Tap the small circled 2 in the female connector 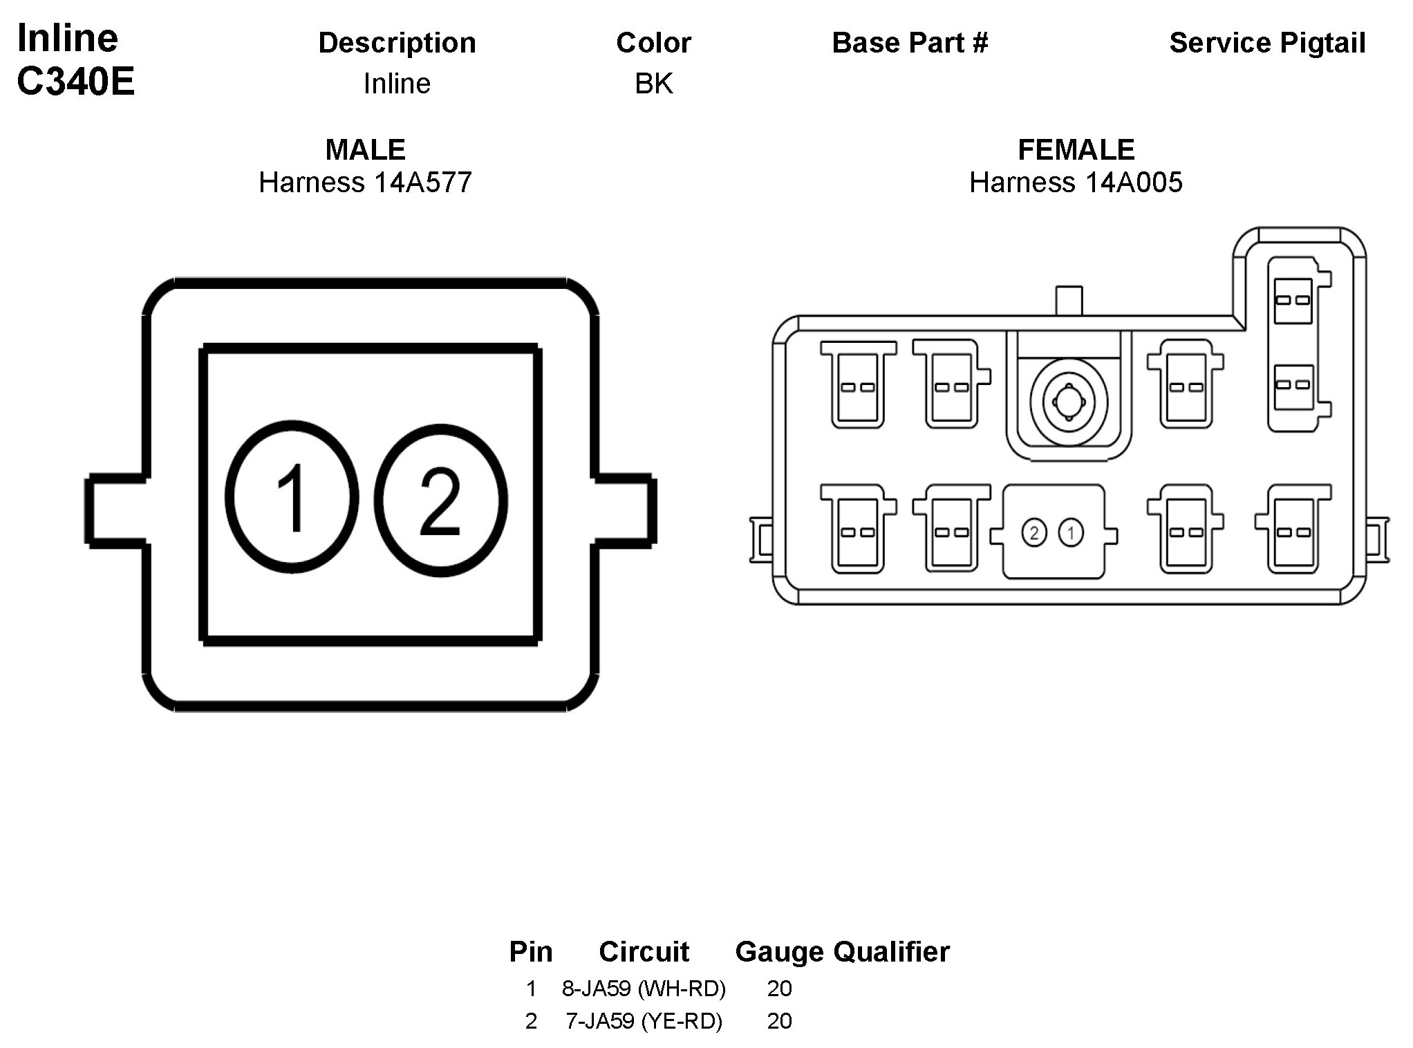click(1034, 533)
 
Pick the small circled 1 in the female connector click(1072, 533)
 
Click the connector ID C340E click(75, 82)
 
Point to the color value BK click(654, 84)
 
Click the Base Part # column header click(910, 43)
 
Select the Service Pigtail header click(1267, 43)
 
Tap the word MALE click(365, 149)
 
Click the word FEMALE click(1076, 149)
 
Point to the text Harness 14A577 click(365, 183)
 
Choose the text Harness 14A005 click(1076, 183)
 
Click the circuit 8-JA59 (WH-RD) click(644, 989)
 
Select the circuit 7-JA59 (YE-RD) click(644, 1021)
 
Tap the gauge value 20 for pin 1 click(779, 989)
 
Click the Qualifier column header click(891, 952)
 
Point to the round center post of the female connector click(1069, 401)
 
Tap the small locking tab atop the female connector click(1069, 301)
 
